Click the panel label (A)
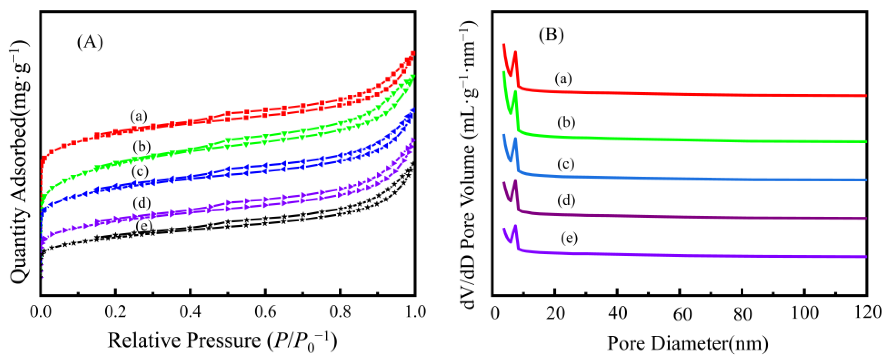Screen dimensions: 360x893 click(90, 42)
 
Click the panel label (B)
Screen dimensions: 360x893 click(551, 35)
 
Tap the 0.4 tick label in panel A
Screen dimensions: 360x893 click(190, 312)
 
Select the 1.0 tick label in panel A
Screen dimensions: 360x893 click(415, 312)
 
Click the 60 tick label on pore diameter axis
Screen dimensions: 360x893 click(682, 314)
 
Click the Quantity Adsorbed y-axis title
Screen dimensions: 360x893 click(19, 161)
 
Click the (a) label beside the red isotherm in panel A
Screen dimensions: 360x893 click(139, 117)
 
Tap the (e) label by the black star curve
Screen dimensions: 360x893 click(144, 226)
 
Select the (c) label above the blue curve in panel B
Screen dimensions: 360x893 click(566, 164)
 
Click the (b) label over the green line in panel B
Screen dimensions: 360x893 click(566, 123)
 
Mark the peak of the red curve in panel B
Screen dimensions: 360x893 click(516, 52)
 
